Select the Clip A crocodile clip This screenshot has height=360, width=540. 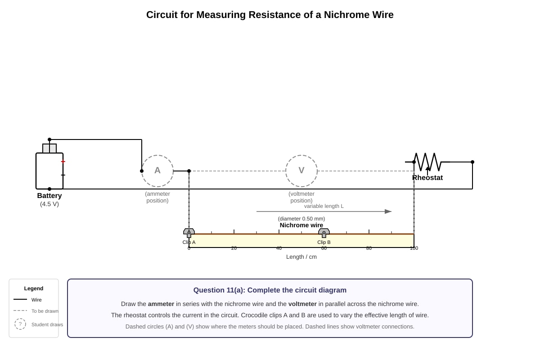(x=189, y=233)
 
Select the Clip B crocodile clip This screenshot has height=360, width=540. (x=324, y=233)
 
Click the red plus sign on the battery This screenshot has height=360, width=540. (x=63, y=162)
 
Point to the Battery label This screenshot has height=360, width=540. (x=49, y=196)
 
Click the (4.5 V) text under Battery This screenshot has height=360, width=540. (x=49, y=204)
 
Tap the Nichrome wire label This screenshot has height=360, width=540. (x=301, y=225)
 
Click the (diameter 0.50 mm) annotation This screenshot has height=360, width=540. (x=301, y=219)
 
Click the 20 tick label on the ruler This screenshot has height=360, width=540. (x=234, y=248)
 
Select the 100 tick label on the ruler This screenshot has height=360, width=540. (x=414, y=248)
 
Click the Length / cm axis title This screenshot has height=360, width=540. (x=301, y=257)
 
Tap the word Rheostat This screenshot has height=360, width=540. (x=427, y=178)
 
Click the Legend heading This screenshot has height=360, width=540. (x=33, y=288)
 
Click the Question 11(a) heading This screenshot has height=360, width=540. (x=270, y=290)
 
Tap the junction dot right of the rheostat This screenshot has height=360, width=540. (x=472, y=162)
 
